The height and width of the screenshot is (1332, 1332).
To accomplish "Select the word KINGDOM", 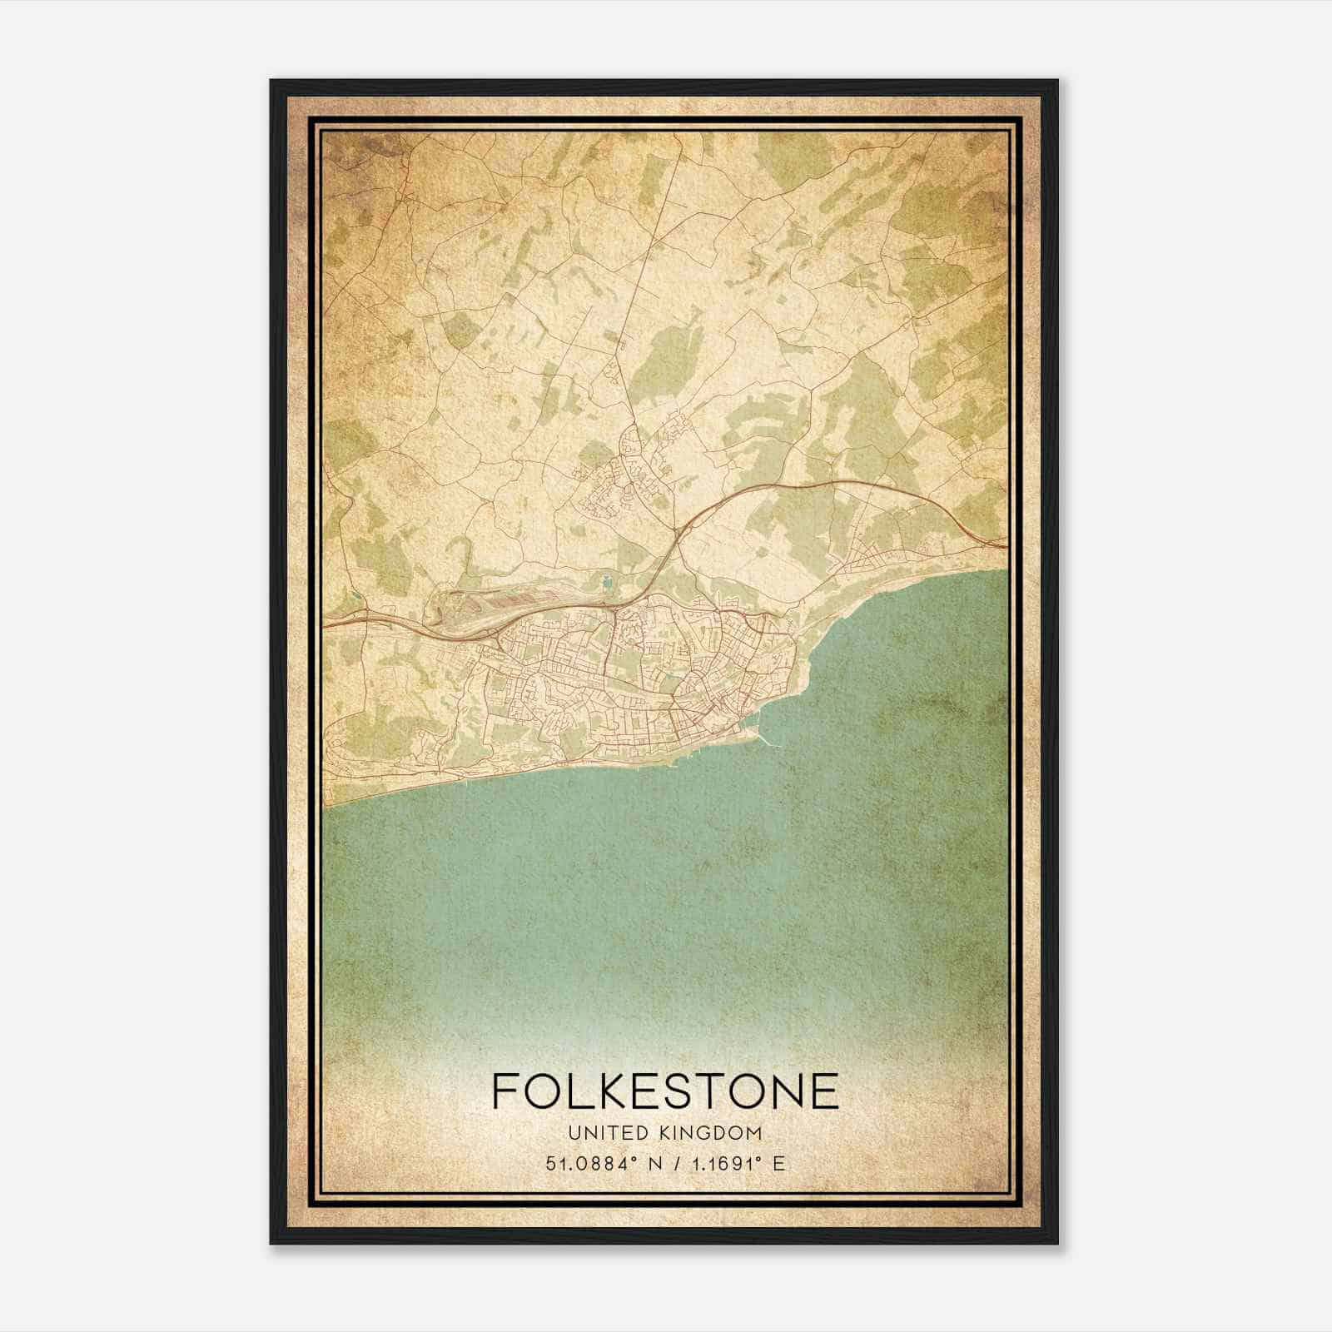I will tap(713, 1132).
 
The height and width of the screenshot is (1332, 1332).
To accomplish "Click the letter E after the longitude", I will tap(778, 1164).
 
